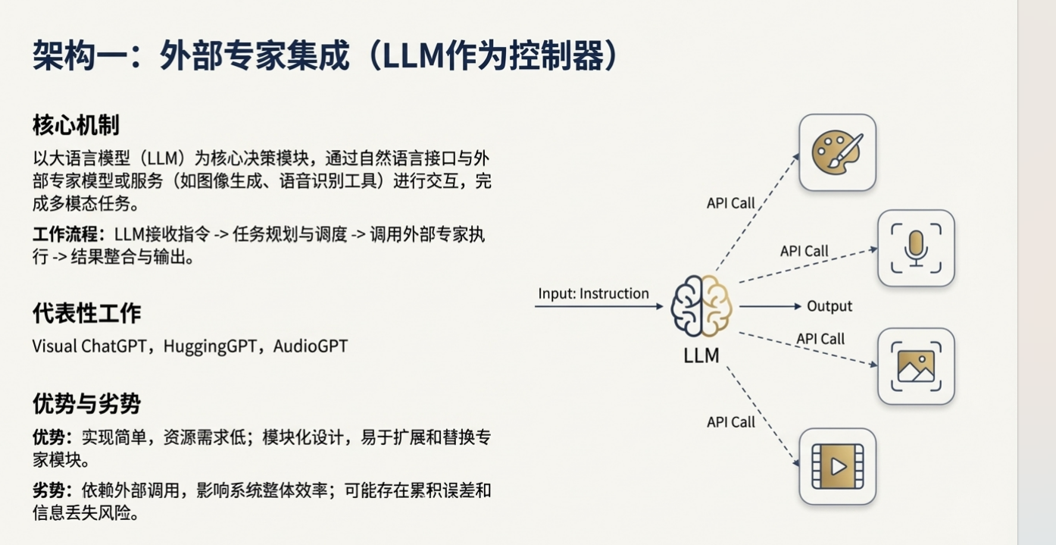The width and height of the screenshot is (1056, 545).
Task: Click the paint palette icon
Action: (x=837, y=152)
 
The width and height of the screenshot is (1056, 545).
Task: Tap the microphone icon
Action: (x=916, y=248)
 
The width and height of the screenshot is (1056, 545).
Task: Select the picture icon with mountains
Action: (x=916, y=366)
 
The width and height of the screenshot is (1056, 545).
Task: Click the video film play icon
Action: (x=837, y=466)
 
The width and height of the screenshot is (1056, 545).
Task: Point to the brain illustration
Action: (x=701, y=306)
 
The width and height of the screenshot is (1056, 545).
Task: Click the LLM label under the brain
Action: (x=701, y=355)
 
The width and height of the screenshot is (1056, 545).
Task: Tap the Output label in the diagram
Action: (x=829, y=306)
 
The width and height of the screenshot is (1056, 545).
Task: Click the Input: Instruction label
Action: (x=593, y=293)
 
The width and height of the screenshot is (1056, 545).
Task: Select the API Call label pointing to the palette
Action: (x=731, y=203)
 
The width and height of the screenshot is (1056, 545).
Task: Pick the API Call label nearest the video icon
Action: (x=731, y=422)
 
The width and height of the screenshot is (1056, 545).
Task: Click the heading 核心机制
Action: (x=76, y=125)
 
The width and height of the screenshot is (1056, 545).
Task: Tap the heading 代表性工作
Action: (x=86, y=313)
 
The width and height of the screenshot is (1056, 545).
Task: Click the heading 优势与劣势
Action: (x=86, y=404)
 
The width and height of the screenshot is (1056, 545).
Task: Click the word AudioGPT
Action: (x=311, y=346)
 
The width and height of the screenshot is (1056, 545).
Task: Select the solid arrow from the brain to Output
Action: (x=769, y=306)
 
